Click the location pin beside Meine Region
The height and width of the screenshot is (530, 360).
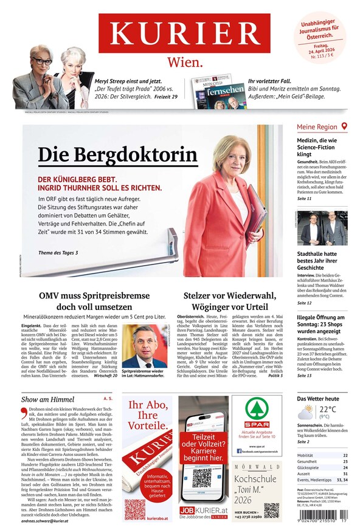tap(344, 126)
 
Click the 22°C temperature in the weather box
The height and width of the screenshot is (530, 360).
tap(328, 409)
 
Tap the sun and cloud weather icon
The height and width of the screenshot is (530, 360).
tap(306, 412)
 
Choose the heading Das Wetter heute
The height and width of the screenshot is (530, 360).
tap(317, 398)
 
